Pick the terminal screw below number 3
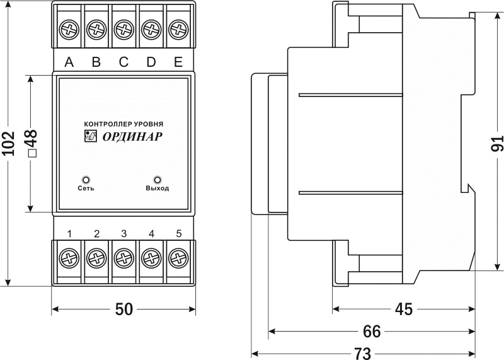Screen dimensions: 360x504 click(124, 258)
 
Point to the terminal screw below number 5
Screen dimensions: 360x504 click(179, 258)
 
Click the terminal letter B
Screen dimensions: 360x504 click(96, 62)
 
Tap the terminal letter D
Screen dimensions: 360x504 click(151, 62)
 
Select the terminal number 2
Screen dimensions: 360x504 click(96, 234)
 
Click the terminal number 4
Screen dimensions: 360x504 click(151, 234)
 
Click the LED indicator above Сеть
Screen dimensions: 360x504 click(87, 179)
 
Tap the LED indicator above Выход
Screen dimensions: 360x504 click(157, 179)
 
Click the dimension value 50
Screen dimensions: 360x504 click(124, 309)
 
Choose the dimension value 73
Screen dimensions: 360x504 click(363, 352)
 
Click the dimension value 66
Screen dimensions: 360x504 click(372, 332)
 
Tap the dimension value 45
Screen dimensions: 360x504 click(403, 309)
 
